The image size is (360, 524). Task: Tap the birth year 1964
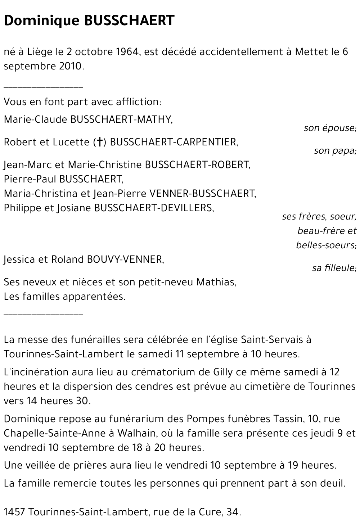(127, 52)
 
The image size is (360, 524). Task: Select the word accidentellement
(241, 52)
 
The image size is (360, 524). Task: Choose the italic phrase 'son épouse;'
(330, 128)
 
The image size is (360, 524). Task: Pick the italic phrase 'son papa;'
(335, 151)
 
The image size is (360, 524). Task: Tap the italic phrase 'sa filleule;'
(334, 268)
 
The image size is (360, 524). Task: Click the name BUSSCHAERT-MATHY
(122, 120)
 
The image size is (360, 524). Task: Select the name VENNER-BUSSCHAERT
(201, 194)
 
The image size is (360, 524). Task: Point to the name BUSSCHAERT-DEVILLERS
(154, 208)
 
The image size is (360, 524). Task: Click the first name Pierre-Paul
(30, 179)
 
